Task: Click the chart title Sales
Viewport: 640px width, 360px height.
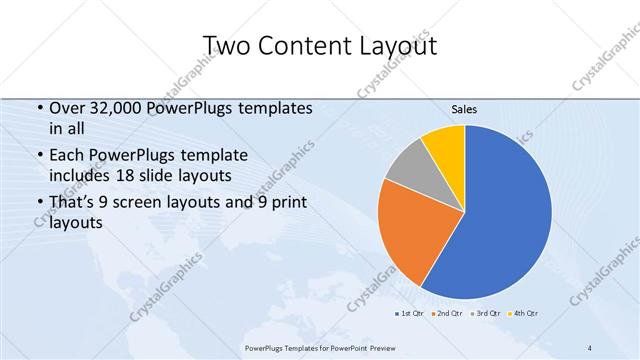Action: pyautogui.click(x=464, y=108)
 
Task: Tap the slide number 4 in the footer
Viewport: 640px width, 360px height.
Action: pyautogui.click(x=590, y=347)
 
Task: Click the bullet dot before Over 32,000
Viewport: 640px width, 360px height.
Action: pyautogui.click(x=38, y=109)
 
